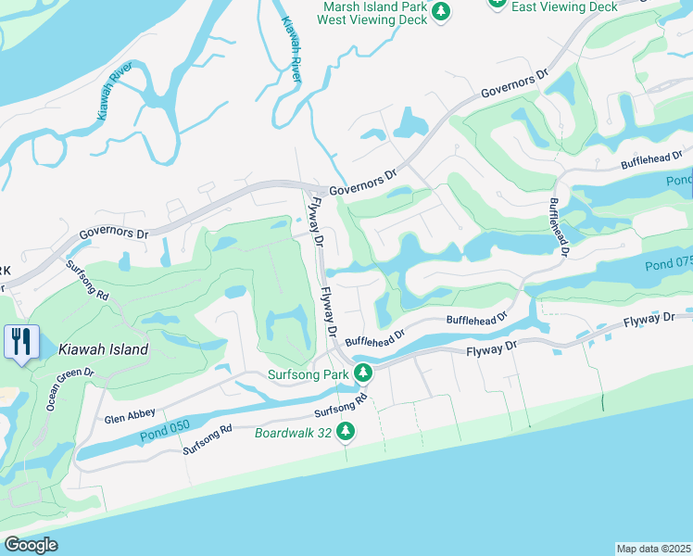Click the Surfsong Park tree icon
(x=364, y=373)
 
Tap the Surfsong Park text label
(x=307, y=374)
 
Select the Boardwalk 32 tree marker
(x=346, y=431)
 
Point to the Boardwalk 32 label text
(x=294, y=431)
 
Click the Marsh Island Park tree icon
(x=443, y=11)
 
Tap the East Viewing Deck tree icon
(x=498, y=4)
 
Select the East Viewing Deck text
(x=563, y=6)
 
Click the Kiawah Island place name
(x=103, y=349)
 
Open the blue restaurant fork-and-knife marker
(x=20, y=341)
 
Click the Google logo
(x=30, y=545)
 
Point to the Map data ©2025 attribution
(x=653, y=549)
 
